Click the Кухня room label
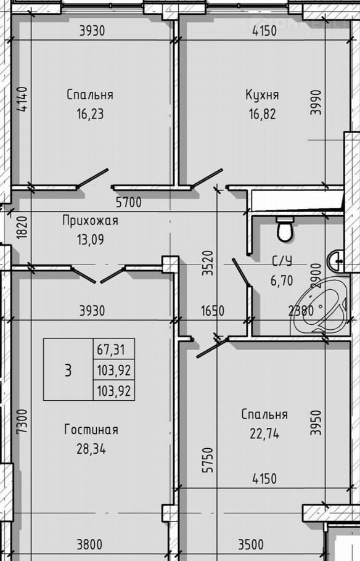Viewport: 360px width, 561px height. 263,95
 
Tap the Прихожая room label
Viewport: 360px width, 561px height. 90,221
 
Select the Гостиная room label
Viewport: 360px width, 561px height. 91,429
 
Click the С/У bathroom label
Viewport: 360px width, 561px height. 282,261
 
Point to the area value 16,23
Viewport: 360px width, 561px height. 90,114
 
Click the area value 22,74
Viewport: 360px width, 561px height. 264,433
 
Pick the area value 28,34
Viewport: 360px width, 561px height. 91,449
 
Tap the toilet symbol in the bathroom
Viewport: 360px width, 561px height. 285,229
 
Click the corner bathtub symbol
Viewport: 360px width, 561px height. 319,308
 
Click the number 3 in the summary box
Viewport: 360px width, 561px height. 68,370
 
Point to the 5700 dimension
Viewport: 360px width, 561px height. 128,202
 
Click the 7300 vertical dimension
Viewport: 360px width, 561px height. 22,422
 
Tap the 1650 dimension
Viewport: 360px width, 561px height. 213,311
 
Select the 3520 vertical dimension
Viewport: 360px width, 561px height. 208,263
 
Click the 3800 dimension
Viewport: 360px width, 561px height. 89,545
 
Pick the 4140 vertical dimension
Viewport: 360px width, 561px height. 22,99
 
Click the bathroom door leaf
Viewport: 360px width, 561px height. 241,272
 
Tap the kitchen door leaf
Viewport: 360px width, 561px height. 207,178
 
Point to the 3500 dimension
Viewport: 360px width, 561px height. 251,545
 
